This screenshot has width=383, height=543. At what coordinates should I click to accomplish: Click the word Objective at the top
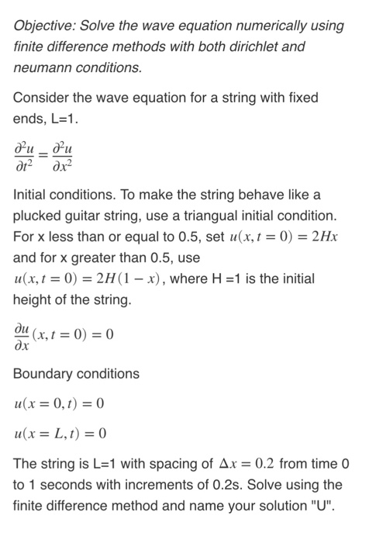43,26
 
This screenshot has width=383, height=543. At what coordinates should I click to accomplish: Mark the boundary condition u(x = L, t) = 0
60,433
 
